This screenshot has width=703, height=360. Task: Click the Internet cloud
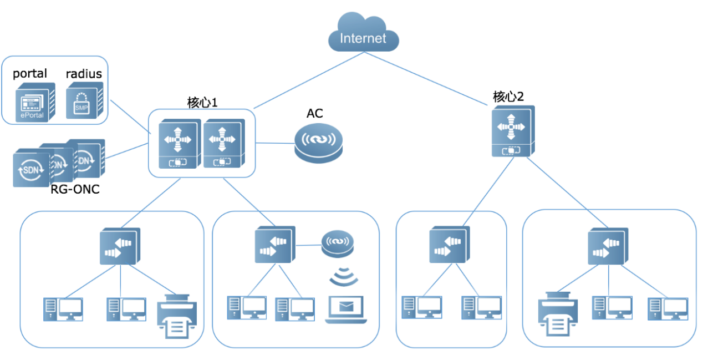[x=363, y=34]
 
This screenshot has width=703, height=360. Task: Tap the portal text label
[x=30, y=74]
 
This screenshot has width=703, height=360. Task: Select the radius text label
[x=84, y=74]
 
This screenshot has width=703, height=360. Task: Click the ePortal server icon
[x=34, y=102]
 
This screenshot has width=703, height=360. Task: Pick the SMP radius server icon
[x=83, y=100]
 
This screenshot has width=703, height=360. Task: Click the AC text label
[x=315, y=114]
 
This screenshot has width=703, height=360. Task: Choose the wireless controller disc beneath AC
[x=319, y=143]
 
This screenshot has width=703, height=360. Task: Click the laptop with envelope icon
[x=347, y=310]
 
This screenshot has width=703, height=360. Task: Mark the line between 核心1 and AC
[x=274, y=143]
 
